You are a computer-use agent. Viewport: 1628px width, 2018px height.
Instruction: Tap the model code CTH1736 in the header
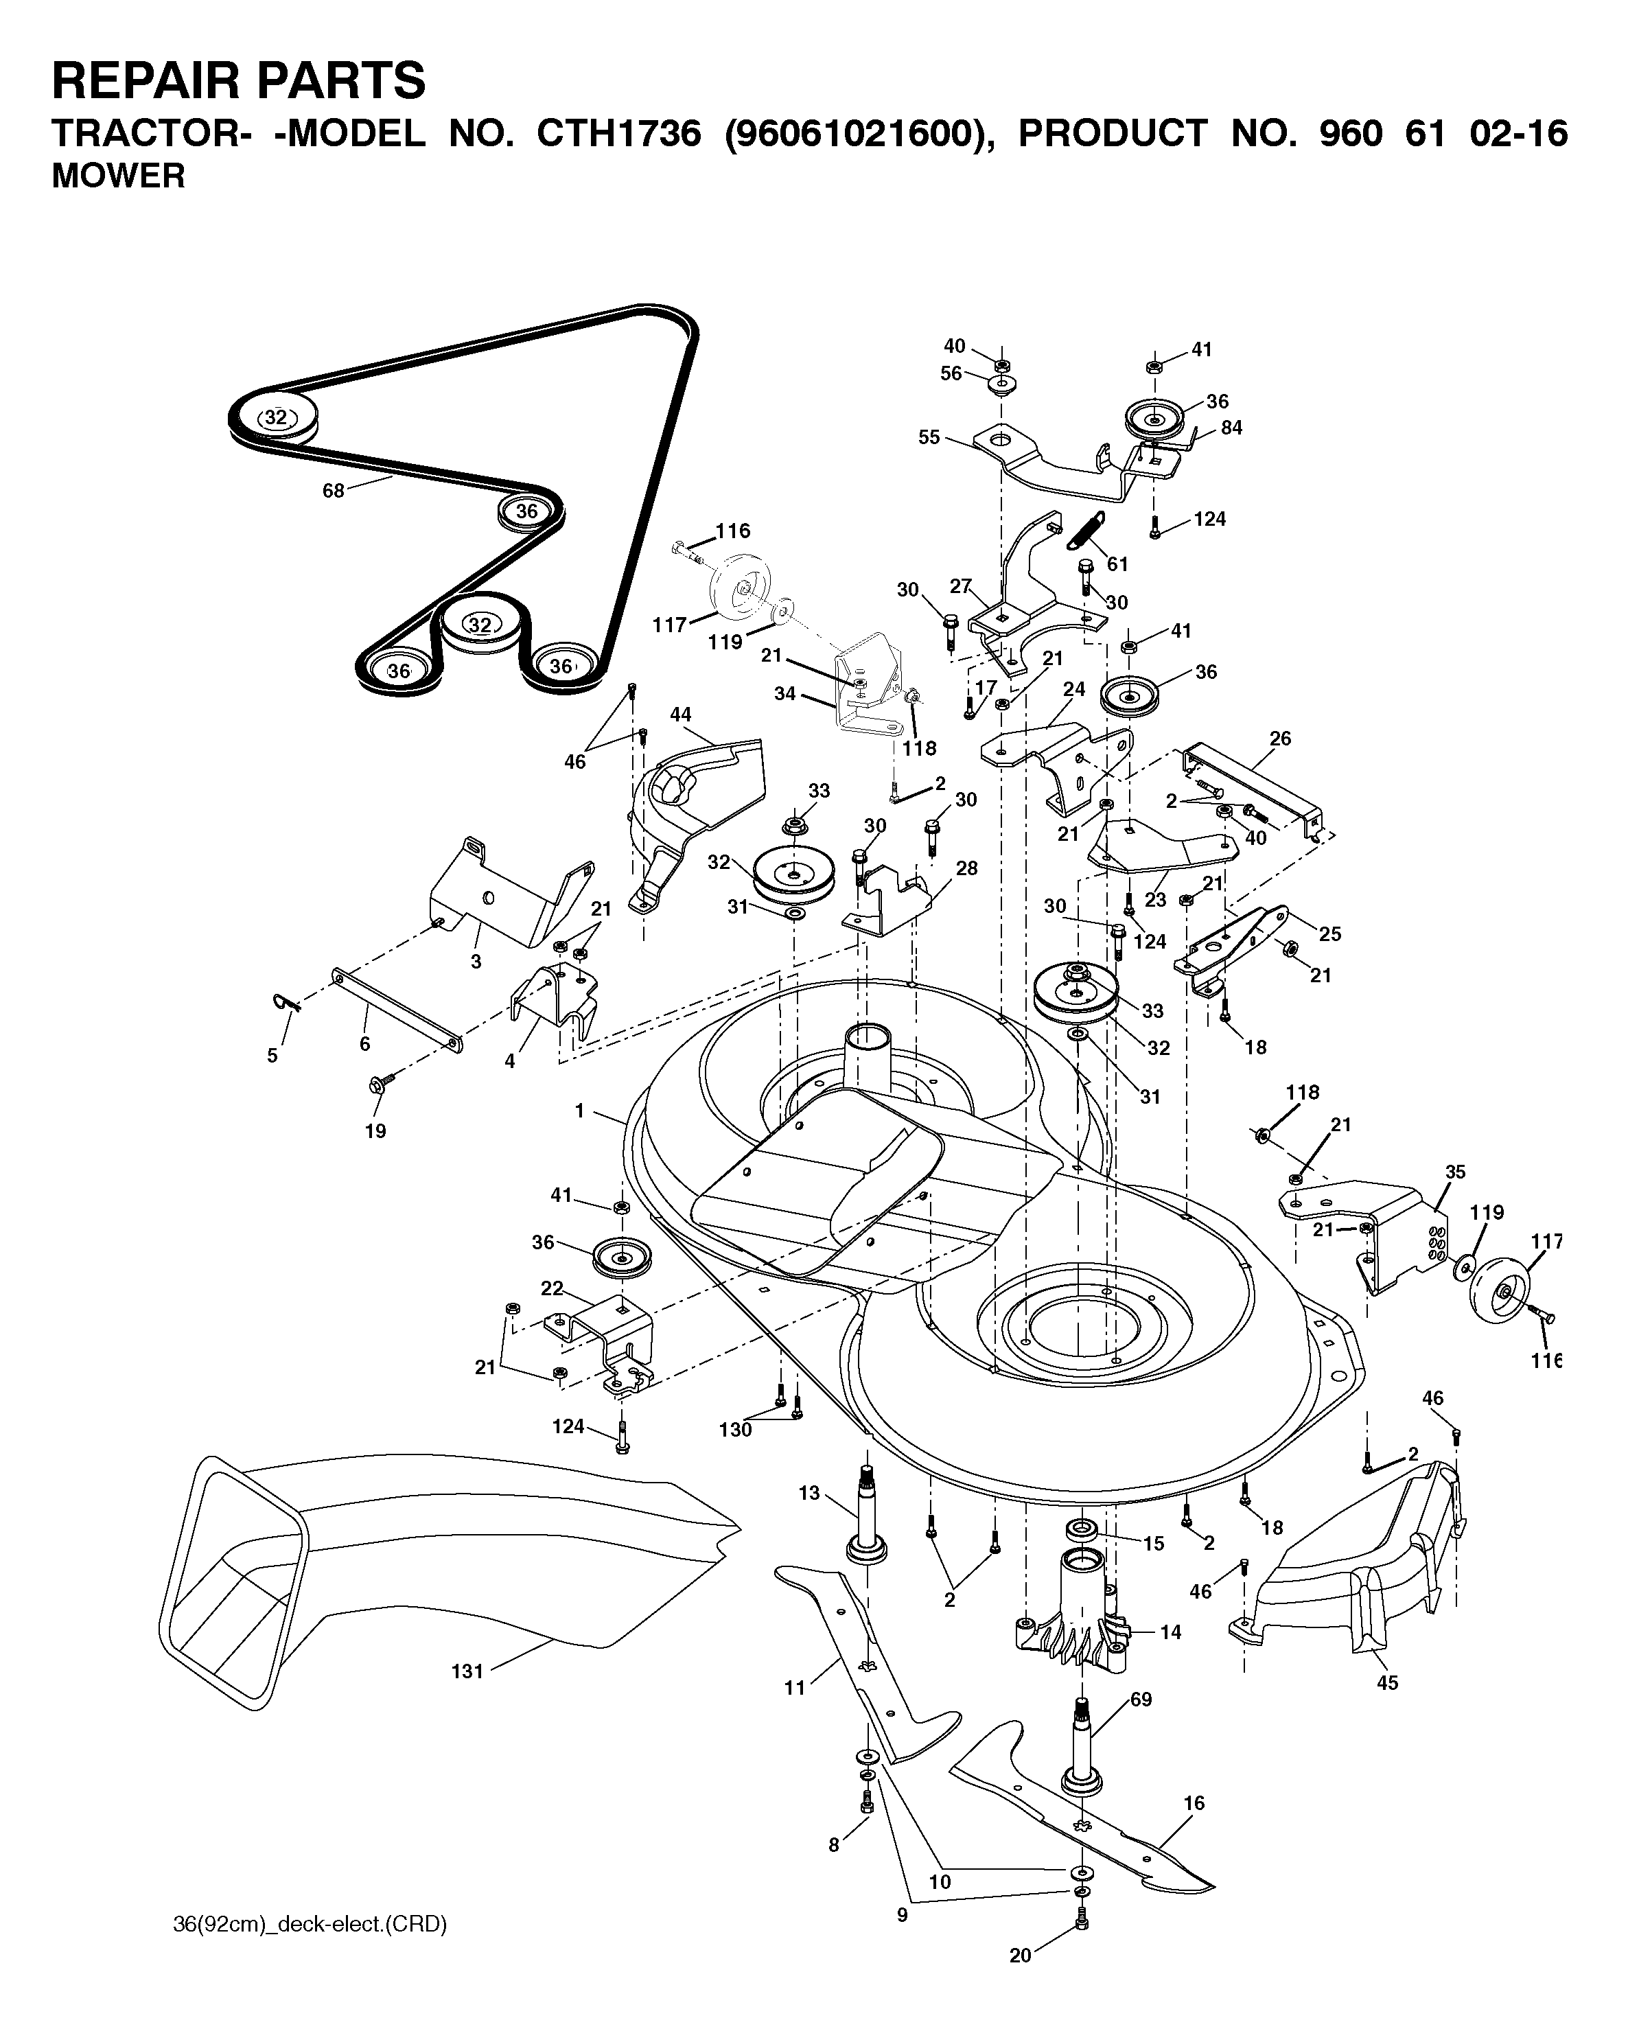pos(618,134)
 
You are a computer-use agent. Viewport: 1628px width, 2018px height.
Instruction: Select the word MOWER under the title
pos(118,176)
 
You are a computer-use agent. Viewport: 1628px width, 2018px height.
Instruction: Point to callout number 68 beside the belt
pos(334,491)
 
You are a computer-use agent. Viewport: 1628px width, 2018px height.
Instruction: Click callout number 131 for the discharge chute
pos(467,1671)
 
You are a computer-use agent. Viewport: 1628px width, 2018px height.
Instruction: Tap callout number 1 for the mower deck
pos(579,1111)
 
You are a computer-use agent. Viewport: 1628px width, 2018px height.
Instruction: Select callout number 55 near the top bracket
pos(929,438)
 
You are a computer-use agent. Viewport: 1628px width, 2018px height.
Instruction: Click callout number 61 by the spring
pos(1117,564)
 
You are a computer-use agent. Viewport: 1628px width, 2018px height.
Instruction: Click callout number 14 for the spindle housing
pos(1170,1632)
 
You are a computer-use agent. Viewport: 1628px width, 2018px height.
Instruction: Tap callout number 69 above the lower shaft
pos(1141,1700)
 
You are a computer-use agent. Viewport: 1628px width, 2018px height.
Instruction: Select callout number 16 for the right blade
pos(1194,1802)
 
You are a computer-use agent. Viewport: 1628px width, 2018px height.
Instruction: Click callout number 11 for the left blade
pos(794,1688)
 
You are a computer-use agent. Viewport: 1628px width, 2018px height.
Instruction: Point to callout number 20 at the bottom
pos(1021,2000)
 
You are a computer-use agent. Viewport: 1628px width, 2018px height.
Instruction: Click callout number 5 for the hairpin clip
pos(272,1056)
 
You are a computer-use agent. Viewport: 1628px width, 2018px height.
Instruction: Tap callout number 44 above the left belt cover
pos(681,715)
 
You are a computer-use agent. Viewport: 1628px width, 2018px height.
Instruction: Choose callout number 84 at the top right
pos(1231,428)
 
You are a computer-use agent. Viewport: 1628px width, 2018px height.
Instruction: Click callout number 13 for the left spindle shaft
pos(809,1493)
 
